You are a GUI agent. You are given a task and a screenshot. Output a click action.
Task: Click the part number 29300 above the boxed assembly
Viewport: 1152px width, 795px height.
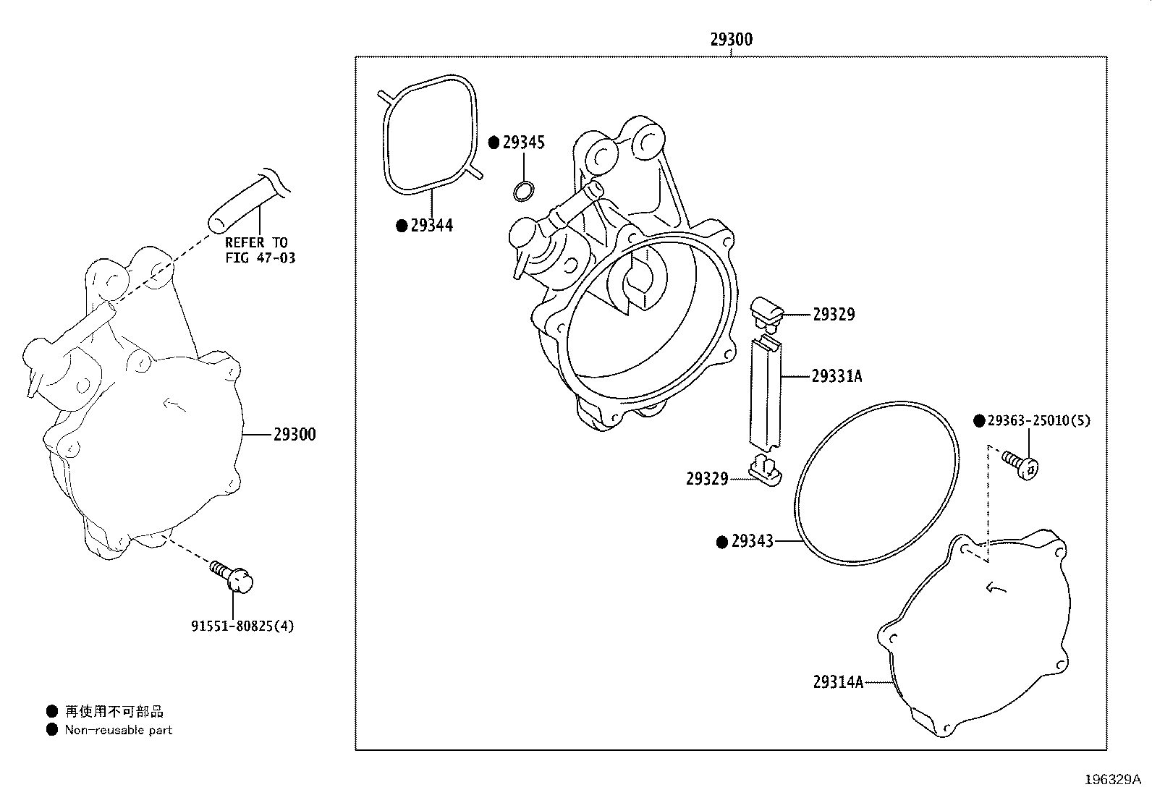click(732, 40)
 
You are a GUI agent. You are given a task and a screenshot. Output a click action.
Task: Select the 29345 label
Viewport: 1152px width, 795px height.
click(524, 143)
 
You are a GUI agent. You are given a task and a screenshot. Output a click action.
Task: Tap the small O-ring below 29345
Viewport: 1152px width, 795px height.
click(524, 191)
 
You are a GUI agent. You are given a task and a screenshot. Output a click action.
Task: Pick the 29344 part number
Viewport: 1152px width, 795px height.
click(431, 225)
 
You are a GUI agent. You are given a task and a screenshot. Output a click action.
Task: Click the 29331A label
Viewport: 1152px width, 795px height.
click(837, 376)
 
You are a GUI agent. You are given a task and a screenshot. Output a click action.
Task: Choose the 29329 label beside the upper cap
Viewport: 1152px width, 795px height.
click(834, 314)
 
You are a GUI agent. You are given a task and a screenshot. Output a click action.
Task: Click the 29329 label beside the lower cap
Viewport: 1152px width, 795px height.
click(707, 479)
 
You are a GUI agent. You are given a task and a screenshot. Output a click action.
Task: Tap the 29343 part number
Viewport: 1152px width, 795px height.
click(753, 541)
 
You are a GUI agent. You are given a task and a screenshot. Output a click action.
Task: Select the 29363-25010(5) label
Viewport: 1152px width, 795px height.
click(1039, 420)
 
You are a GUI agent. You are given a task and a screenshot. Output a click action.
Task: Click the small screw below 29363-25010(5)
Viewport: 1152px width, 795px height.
click(1020, 465)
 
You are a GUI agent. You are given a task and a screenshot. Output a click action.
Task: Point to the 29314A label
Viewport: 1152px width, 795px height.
click(838, 682)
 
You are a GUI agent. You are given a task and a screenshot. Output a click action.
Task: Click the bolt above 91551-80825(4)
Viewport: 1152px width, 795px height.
click(232, 577)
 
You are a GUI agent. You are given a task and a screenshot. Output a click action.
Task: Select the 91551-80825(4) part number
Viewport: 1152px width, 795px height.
click(242, 626)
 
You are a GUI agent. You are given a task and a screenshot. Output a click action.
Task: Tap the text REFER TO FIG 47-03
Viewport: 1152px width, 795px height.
click(260, 250)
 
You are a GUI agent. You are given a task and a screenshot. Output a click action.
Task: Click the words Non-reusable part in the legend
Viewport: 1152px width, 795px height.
click(118, 730)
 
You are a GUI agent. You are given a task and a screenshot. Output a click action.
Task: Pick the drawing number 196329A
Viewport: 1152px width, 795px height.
click(1113, 780)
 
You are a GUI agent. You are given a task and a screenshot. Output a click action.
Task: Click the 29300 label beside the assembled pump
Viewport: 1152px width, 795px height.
click(295, 435)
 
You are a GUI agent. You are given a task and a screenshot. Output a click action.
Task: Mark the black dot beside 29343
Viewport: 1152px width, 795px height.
click(722, 542)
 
